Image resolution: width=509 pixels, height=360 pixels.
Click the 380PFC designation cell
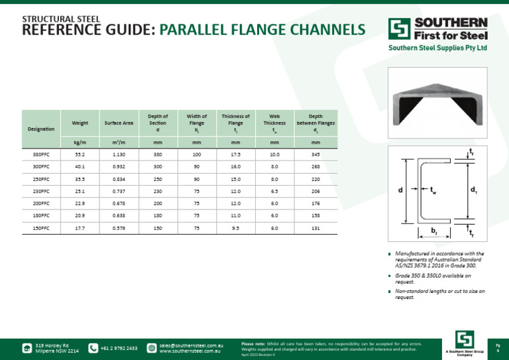pyautogui.click(x=41, y=154)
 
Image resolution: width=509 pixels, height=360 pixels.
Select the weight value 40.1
pyautogui.click(x=80, y=166)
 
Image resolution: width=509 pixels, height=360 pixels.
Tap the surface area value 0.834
pyautogui.click(x=119, y=179)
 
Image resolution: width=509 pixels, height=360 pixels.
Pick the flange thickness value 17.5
pyautogui.click(x=235, y=154)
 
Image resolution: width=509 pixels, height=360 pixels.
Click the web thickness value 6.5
pyautogui.click(x=274, y=192)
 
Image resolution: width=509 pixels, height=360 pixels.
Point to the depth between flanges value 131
pyautogui.click(x=315, y=228)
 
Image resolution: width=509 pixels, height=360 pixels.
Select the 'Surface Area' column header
pyautogui.click(x=119, y=123)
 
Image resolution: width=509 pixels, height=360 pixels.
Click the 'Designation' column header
pyautogui.click(x=41, y=129)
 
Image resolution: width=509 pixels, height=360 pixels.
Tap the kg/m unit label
pyautogui.click(x=80, y=142)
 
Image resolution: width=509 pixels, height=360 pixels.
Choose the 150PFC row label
pyautogui.click(x=41, y=228)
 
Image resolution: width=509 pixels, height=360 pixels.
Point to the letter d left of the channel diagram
pyautogui.click(x=400, y=190)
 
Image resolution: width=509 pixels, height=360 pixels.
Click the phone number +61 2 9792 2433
pyautogui.click(x=119, y=348)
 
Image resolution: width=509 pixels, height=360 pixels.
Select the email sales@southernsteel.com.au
pyautogui.click(x=191, y=345)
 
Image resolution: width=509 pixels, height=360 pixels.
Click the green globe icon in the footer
pyautogui.click(x=151, y=348)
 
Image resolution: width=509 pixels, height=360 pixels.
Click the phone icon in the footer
pyautogui.click(x=93, y=348)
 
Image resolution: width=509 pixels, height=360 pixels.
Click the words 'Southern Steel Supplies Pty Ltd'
pyautogui.click(x=437, y=48)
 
